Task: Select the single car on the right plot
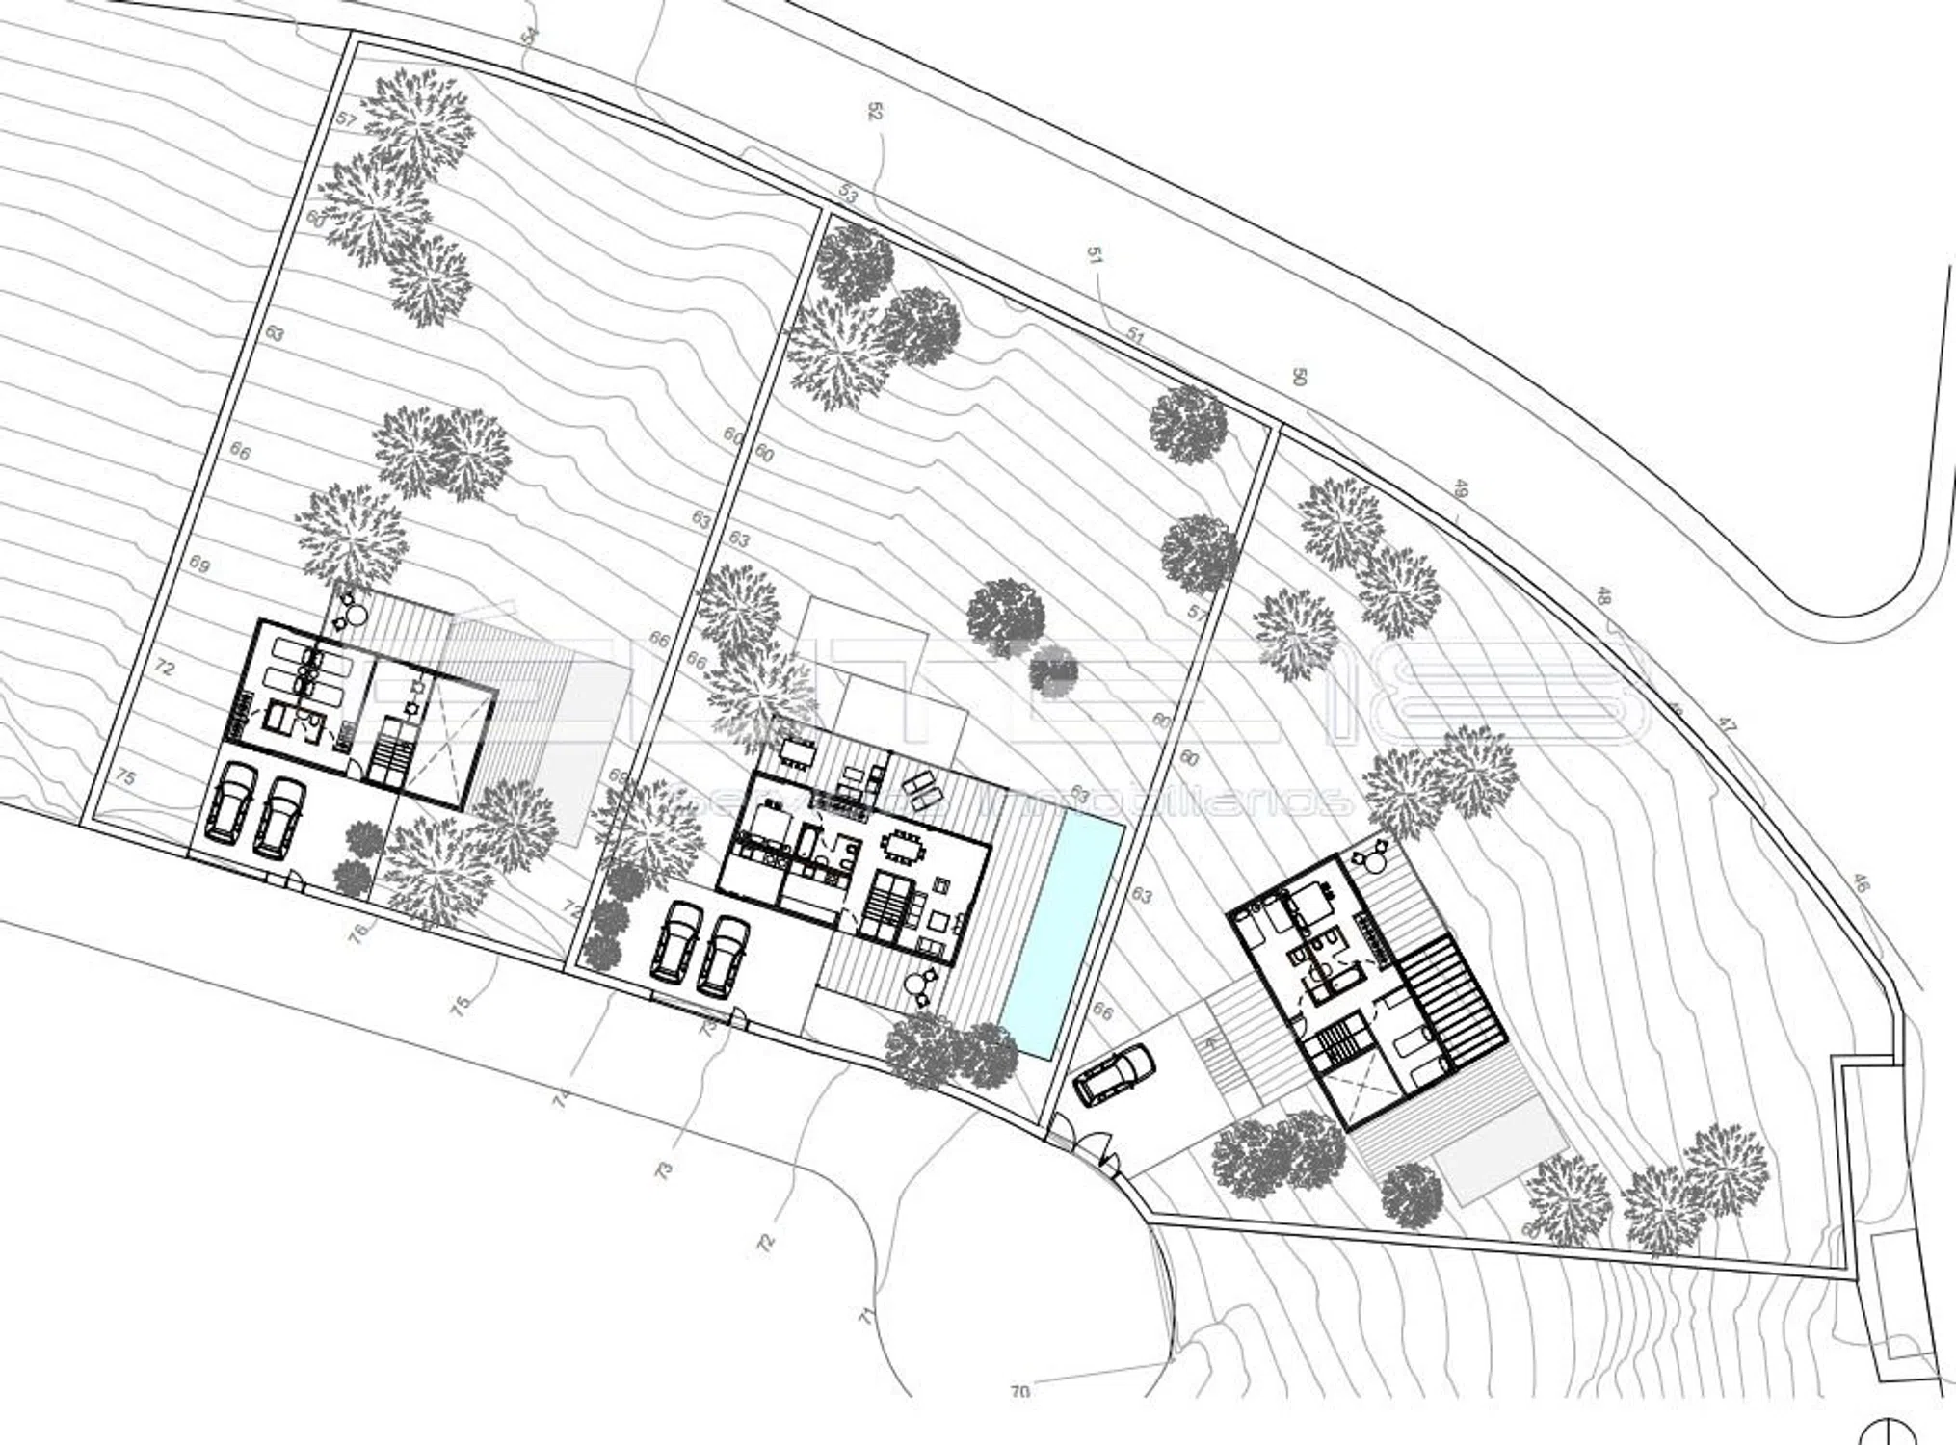click(1115, 1074)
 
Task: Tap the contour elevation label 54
click(528, 36)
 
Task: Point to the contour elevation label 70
click(1019, 1391)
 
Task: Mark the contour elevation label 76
click(358, 933)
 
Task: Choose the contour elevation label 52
click(875, 112)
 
